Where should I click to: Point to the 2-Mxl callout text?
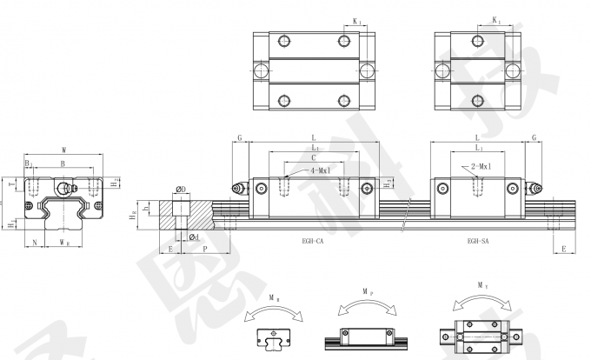[x=481, y=166]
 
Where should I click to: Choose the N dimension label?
[x=34, y=241]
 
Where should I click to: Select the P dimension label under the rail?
[x=203, y=248]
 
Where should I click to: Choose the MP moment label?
[x=364, y=294]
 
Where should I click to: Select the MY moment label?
[x=481, y=283]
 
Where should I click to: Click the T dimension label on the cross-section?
[x=10, y=184]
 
